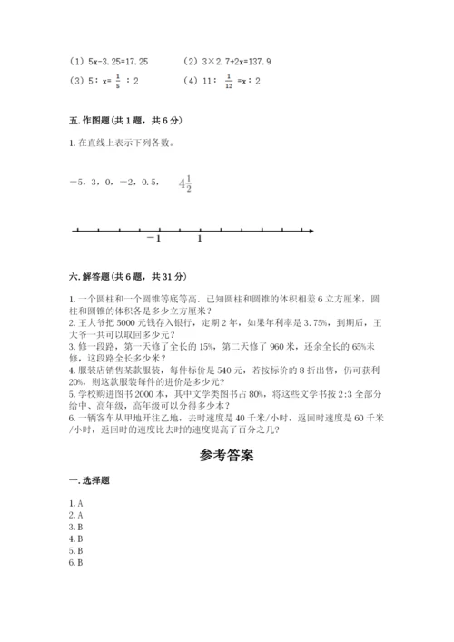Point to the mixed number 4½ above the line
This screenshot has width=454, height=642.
click(x=185, y=184)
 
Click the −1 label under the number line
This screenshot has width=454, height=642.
click(x=153, y=239)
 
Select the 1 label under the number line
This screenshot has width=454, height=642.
click(x=200, y=239)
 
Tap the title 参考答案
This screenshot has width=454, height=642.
click(x=226, y=456)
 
